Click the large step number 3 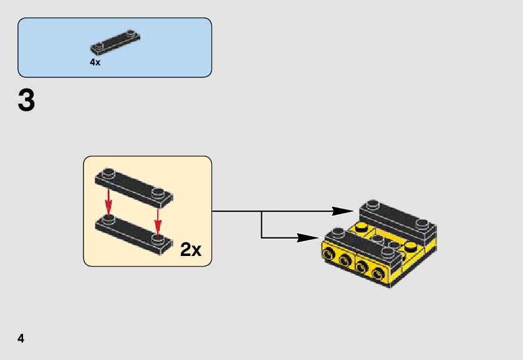[26, 101]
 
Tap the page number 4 [21, 339]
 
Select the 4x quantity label [95, 62]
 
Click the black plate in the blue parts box [115, 40]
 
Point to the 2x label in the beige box [191, 250]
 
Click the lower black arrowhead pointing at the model [310, 237]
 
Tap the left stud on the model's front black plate [338, 234]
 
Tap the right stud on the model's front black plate [388, 252]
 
